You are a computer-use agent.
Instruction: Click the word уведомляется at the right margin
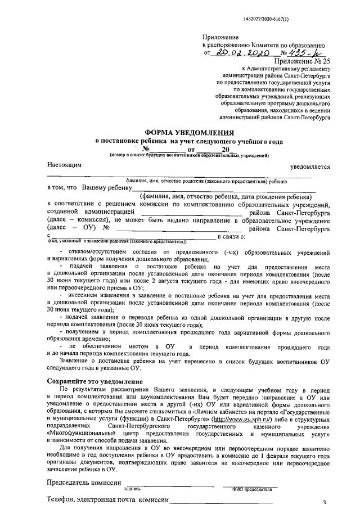click(310, 167)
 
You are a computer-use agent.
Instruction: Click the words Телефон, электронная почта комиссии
click(108, 500)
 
